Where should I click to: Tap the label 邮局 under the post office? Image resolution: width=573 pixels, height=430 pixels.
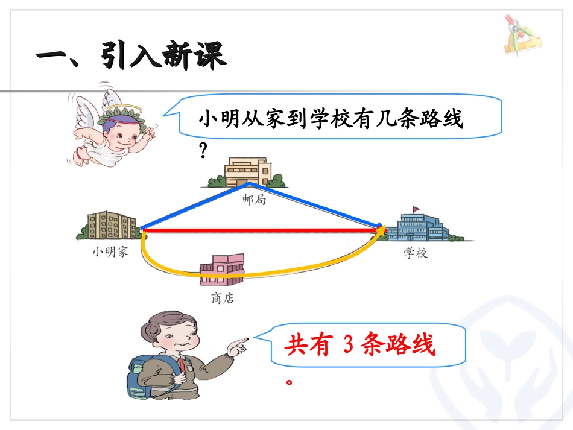(x=254, y=200)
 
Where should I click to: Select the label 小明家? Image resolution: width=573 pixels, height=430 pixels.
(x=110, y=251)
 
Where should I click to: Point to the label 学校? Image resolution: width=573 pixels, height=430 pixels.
(x=415, y=253)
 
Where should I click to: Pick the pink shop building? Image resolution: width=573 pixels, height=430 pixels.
(x=223, y=270)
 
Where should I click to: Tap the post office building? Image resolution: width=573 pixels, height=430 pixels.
(x=248, y=172)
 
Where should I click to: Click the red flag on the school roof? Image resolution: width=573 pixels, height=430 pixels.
(x=416, y=209)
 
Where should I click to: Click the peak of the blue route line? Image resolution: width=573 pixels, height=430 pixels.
(x=248, y=182)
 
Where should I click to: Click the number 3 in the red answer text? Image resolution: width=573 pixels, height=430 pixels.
(x=346, y=345)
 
